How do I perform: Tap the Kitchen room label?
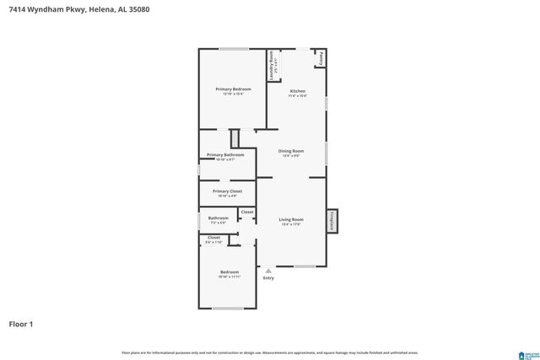[298, 91]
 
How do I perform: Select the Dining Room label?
[291, 151]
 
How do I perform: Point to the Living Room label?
[291, 220]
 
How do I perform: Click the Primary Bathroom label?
[225, 155]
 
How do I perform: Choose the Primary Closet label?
[227, 191]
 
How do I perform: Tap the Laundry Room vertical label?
[272, 66]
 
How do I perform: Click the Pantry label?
[321, 58]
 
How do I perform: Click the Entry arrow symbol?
[268, 271]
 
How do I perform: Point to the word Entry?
[268, 277]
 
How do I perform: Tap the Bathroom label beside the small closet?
[218, 219]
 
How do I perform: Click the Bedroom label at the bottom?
[229, 272]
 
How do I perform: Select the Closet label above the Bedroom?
[213, 238]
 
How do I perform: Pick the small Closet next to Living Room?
[246, 212]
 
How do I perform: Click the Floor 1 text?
[21, 324]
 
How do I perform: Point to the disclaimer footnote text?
[269, 352]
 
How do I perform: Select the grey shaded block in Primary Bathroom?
[235, 138]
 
